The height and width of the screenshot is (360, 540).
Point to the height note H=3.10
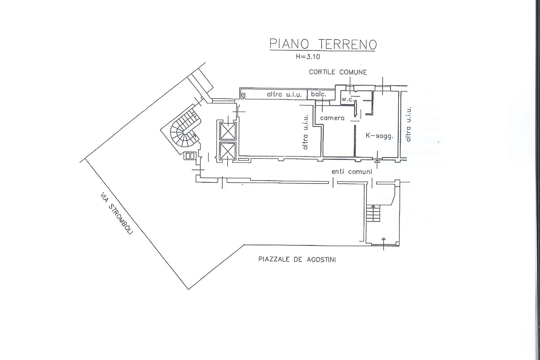coord(308,57)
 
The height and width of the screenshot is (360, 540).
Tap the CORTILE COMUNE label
coord(338,72)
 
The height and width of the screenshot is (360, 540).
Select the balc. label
coord(318,94)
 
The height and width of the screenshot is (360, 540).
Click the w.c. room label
coord(347,99)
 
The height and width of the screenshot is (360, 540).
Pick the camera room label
coord(332,118)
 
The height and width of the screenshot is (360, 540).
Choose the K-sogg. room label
coord(379,136)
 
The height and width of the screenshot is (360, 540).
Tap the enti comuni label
coord(352,172)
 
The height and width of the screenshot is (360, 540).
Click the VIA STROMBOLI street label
coord(116,214)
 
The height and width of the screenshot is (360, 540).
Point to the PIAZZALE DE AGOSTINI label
coord(297,260)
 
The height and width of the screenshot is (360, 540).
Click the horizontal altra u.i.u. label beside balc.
coord(284,95)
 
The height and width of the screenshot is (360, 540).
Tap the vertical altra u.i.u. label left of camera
coord(306,132)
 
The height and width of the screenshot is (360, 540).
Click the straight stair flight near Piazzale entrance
coord(373,214)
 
